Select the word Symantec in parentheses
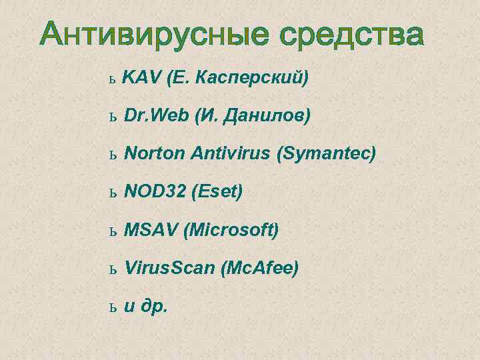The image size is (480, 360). (328, 155)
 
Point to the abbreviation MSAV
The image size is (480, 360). (151, 231)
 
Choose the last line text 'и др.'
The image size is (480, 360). (147, 307)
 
